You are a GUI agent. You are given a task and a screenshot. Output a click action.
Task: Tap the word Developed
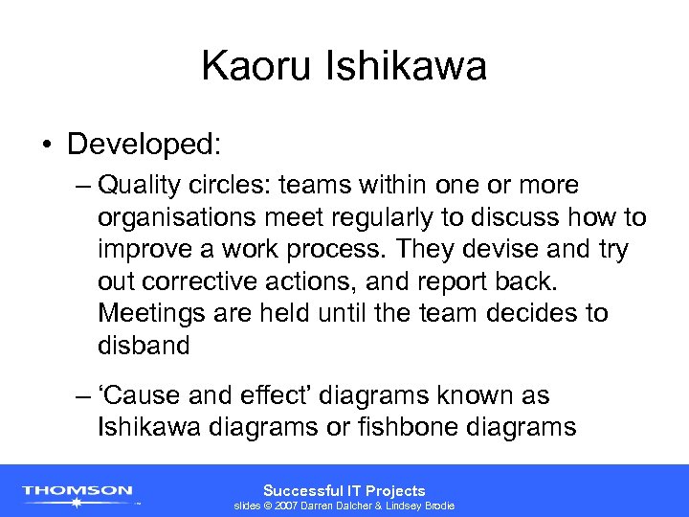click(x=144, y=145)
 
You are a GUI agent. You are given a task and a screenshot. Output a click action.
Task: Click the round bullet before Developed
click(x=47, y=146)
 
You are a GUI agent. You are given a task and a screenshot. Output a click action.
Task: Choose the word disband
click(x=144, y=346)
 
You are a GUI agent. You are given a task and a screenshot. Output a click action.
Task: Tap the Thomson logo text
click(x=78, y=489)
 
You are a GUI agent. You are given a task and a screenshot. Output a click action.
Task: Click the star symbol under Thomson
click(x=78, y=501)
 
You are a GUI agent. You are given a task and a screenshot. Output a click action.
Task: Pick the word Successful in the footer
click(x=300, y=490)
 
